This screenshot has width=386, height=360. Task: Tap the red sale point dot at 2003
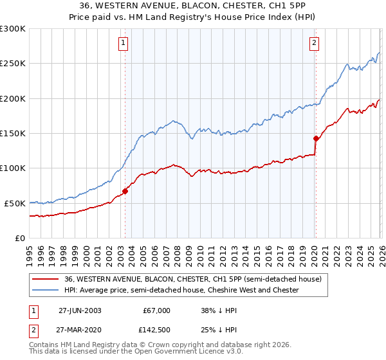(125, 191)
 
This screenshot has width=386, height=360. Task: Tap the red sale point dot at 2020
(316, 138)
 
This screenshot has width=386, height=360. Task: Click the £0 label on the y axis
(19, 238)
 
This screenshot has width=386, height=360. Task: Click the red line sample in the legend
(46, 280)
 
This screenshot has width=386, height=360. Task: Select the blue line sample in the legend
(46, 291)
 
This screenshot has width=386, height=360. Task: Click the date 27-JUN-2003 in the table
(80, 310)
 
